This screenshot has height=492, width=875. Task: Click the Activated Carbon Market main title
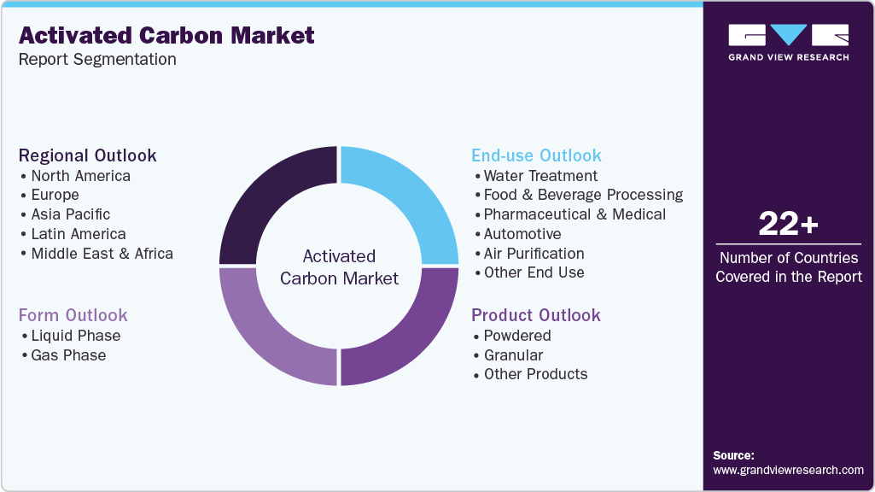click(x=166, y=35)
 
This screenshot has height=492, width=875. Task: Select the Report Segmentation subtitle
click(x=97, y=60)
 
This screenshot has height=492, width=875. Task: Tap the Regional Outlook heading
click(x=88, y=155)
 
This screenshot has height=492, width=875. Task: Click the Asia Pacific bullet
click(x=70, y=214)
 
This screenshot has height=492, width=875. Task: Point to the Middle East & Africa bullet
click(x=102, y=254)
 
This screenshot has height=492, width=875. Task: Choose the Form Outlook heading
click(x=73, y=315)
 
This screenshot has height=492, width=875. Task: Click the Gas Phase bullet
click(x=68, y=355)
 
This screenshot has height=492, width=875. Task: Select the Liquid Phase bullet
click(x=75, y=336)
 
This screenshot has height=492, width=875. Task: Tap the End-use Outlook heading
click(x=536, y=155)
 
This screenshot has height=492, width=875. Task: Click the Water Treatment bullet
click(x=540, y=176)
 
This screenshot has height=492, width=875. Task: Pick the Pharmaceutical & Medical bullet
click(x=575, y=214)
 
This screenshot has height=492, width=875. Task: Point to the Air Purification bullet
click(x=534, y=254)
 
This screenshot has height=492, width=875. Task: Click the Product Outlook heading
click(x=536, y=315)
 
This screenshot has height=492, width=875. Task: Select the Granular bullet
click(x=513, y=355)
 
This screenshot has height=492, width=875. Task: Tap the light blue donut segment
click(x=410, y=196)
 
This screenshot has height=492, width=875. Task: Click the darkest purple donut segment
click(x=269, y=196)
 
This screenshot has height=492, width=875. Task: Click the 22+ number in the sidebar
click(x=788, y=225)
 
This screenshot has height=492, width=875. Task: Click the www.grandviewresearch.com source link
click(x=788, y=470)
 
